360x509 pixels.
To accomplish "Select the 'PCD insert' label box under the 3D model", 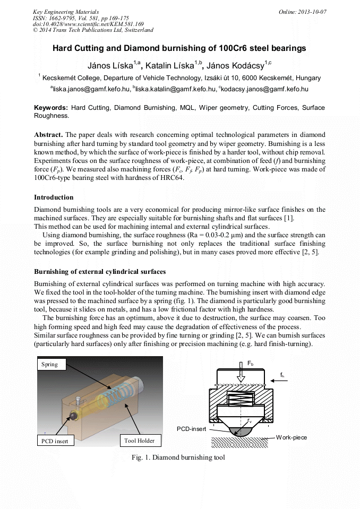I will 55,441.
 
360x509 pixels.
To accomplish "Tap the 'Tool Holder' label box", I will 139,441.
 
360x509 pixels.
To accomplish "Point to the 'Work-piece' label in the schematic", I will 291,437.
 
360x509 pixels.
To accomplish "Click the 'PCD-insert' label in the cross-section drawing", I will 194,428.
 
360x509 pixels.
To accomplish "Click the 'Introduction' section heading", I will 54,197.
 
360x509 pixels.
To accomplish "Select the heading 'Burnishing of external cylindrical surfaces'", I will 100,272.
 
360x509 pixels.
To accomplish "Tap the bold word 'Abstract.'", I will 48,134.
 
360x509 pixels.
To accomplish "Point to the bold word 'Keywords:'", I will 51,108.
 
